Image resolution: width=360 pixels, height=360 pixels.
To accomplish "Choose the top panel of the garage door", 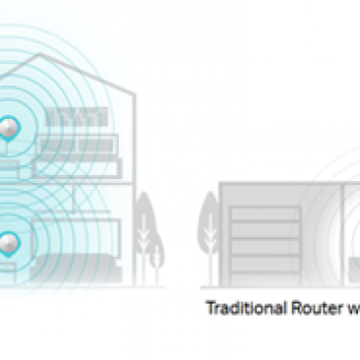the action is (x=263, y=213).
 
